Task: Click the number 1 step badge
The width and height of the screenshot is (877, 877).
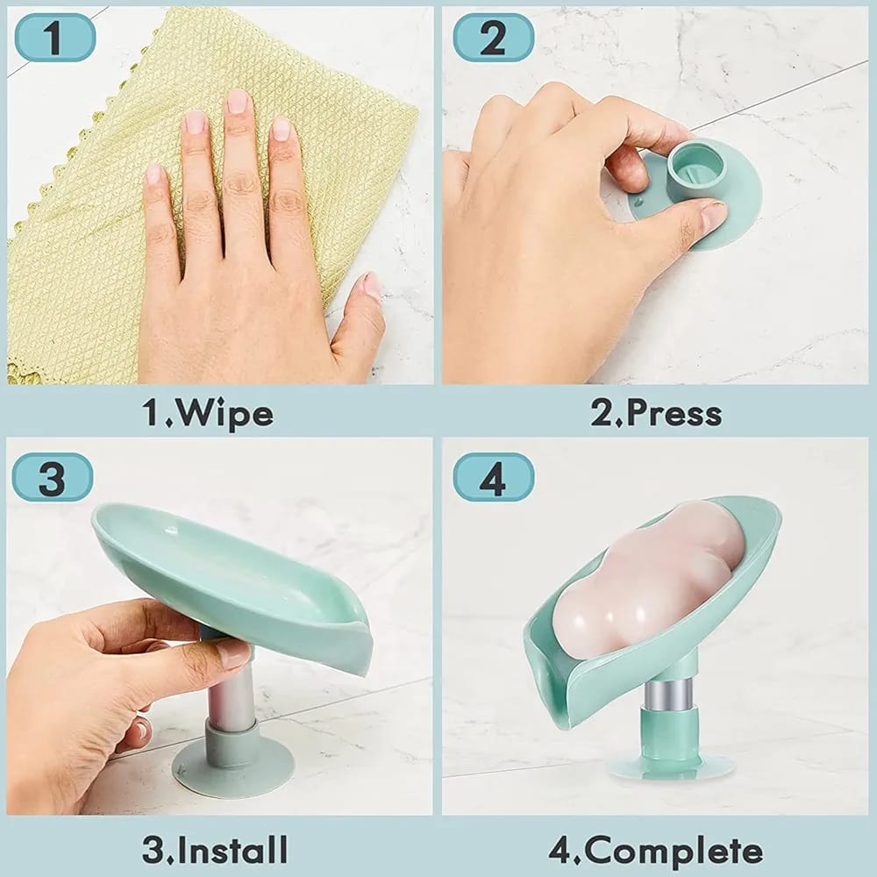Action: pos(54,38)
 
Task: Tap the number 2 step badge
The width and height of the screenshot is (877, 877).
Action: pos(493,38)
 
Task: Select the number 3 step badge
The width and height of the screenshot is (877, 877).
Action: pos(53,476)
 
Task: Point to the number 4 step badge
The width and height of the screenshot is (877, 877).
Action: pos(493,476)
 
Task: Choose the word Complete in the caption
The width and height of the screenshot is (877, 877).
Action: pos(673,852)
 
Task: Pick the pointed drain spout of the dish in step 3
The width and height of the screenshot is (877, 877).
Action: pos(360,626)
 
